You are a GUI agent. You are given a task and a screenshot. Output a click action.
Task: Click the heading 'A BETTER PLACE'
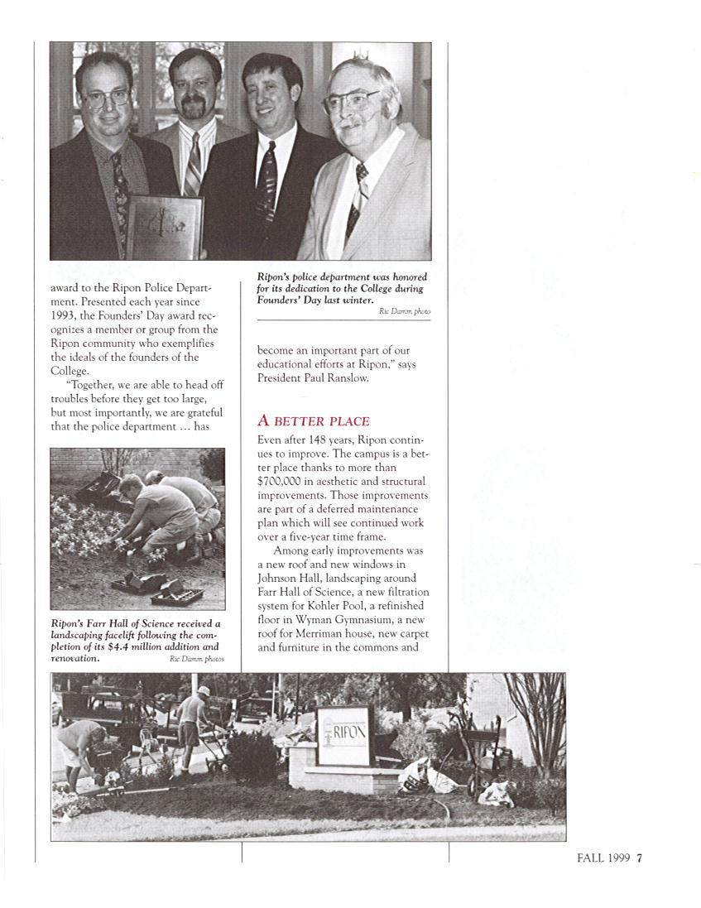[x=314, y=421]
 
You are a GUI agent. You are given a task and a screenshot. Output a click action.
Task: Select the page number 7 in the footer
[x=639, y=858]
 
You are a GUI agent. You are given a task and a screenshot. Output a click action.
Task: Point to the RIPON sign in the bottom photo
[x=343, y=734]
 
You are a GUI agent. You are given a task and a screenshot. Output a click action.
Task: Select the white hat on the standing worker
[x=203, y=690]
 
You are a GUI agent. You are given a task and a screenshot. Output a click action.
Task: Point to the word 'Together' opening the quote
[x=96, y=385]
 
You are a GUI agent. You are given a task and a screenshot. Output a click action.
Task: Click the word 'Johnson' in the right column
[x=281, y=578]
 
